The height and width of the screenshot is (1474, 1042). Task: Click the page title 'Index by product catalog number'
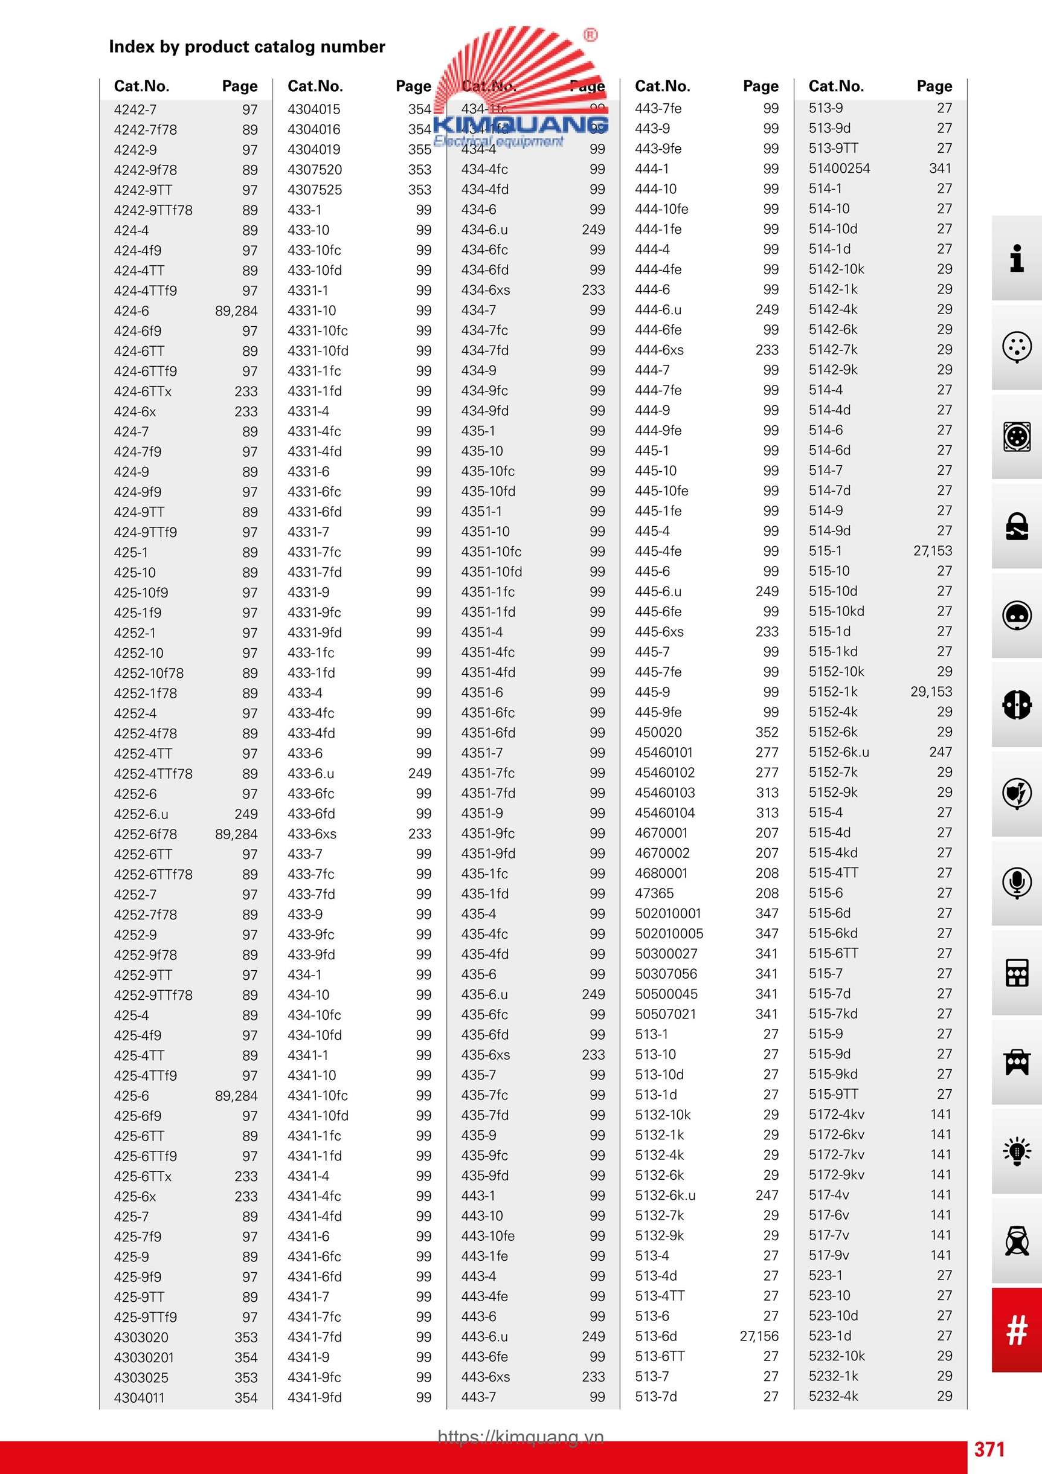246,47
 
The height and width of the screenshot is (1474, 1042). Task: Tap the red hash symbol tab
1016,1330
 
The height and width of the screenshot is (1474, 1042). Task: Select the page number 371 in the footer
989,1449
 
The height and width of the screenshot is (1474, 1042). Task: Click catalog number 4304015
314,109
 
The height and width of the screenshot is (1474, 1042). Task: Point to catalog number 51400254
839,168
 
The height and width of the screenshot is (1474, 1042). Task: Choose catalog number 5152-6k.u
838,751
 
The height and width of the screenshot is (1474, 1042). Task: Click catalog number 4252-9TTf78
153,995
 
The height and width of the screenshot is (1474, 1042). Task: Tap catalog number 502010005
669,933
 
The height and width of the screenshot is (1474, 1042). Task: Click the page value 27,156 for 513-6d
759,1336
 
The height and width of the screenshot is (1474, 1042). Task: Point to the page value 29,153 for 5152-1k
931,692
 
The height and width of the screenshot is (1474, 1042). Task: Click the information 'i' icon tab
1016,258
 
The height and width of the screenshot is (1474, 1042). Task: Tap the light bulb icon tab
1016,1150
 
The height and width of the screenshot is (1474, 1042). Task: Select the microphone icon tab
1016,883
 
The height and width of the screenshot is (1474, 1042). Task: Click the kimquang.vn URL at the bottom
521,1437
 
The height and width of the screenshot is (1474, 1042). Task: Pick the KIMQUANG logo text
521,124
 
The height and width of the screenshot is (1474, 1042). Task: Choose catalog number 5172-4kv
836,1115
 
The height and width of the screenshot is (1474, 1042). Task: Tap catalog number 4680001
661,873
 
